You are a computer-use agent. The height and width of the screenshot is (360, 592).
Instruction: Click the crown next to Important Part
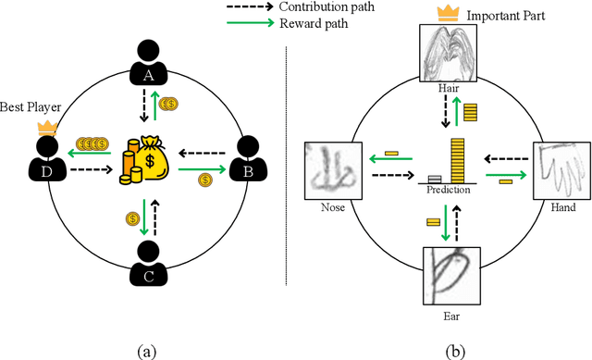(451, 14)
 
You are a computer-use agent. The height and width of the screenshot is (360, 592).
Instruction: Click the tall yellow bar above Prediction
(457, 159)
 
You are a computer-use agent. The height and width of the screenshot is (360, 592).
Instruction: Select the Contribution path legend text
(318, 7)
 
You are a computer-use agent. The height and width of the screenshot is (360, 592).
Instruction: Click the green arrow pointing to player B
(202, 170)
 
